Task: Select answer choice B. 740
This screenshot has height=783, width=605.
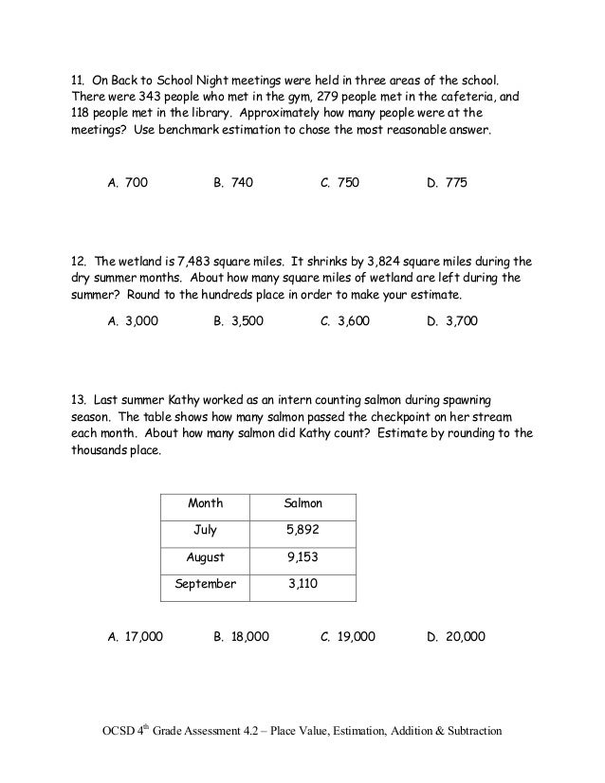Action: pyautogui.click(x=233, y=182)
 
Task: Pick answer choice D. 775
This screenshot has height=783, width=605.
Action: pyautogui.click(x=448, y=182)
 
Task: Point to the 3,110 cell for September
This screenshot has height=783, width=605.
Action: pyautogui.click(x=303, y=585)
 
